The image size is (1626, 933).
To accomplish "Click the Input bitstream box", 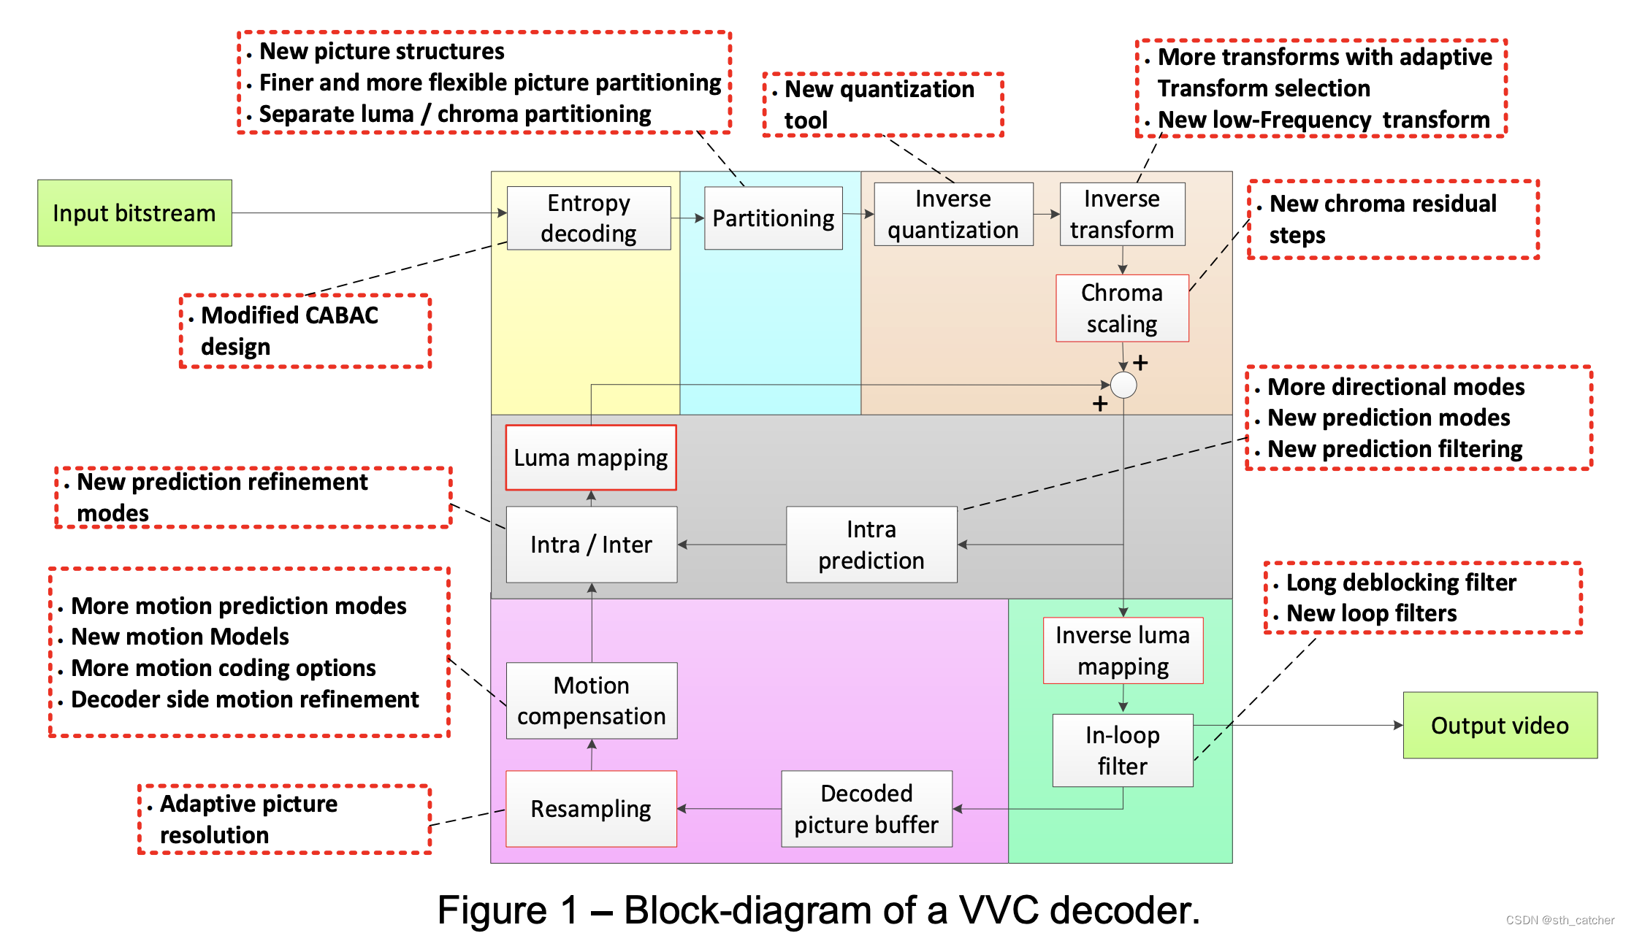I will point(134,213).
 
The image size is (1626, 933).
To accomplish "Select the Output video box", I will point(1500,725).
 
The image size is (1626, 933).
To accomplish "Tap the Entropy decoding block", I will point(589,218).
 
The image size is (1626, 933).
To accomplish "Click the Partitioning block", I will point(773,218).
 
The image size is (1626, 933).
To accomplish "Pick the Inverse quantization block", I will point(953,214).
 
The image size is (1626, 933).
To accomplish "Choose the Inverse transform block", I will point(1122,214).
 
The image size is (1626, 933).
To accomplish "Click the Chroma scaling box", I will point(1122,308).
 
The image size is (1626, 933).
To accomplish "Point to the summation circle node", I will point(1123,385).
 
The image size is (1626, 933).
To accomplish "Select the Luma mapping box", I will point(590,458).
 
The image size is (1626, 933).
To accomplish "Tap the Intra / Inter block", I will point(591,545).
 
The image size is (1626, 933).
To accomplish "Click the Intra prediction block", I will point(871,545).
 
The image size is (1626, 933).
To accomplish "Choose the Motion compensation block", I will point(591,701).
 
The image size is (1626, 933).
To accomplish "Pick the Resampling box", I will point(591,809).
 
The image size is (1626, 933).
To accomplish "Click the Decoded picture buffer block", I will point(866,809).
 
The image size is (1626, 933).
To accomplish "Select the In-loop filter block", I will point(1123,750).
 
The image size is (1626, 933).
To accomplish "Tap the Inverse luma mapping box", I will point(1123,650).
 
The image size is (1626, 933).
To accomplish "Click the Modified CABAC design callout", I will point(305,331).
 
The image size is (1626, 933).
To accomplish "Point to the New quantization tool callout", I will point(882,104).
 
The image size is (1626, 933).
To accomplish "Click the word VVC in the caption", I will point(998,910).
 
